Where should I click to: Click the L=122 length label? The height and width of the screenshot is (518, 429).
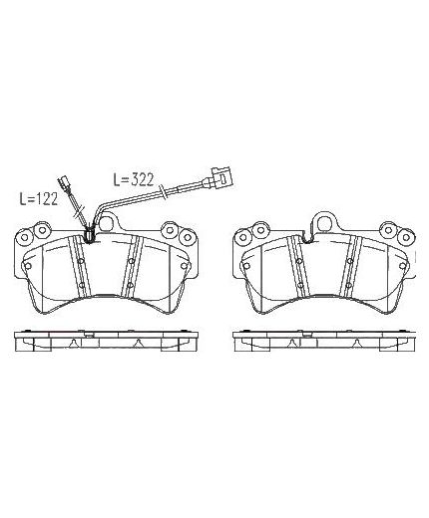(39, 199)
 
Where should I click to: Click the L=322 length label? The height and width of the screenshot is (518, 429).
(134, 179)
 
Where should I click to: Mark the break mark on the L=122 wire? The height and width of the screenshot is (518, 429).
(80, 212)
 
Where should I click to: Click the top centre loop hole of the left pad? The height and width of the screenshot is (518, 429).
(107, 224)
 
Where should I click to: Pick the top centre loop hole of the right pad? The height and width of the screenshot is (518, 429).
(325, 224)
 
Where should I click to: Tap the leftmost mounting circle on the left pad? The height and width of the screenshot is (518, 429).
(25, 238)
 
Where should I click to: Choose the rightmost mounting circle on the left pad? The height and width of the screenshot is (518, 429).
(187, 237)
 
